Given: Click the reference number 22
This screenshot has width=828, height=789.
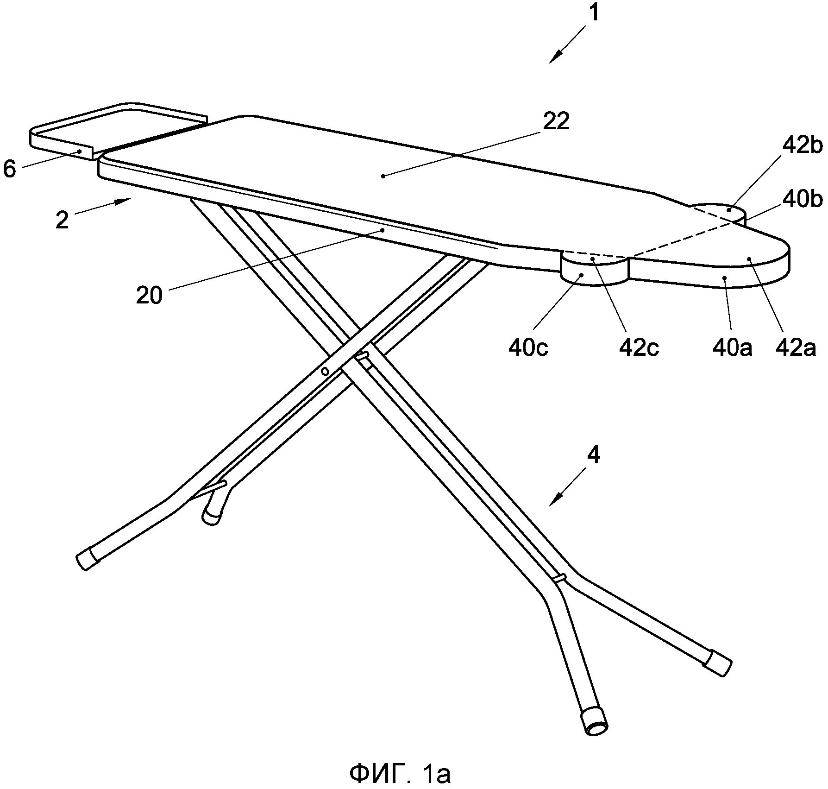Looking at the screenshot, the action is click(556, 121).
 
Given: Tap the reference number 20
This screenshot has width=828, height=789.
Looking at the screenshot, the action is click(149, 295).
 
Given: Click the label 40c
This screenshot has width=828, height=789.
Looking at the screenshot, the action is click(528, 347).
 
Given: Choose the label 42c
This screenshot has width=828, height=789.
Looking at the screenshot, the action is click(639, 347).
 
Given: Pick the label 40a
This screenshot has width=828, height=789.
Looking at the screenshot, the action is click(732, 347).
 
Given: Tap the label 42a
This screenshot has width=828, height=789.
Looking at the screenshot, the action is click(796, 347).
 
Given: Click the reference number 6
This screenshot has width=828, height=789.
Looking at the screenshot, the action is click(9, 169).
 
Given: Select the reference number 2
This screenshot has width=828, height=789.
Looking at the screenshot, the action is click(62, 220).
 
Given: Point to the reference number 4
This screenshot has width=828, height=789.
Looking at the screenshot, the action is click(593, 455).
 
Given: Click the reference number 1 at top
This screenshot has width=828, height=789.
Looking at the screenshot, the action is click(593, 13).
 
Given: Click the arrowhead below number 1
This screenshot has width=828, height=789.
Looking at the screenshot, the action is click(556, 57).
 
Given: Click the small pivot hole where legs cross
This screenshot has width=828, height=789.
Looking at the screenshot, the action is click(325, 371).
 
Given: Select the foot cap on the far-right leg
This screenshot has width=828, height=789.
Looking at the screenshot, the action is click(717, 663).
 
